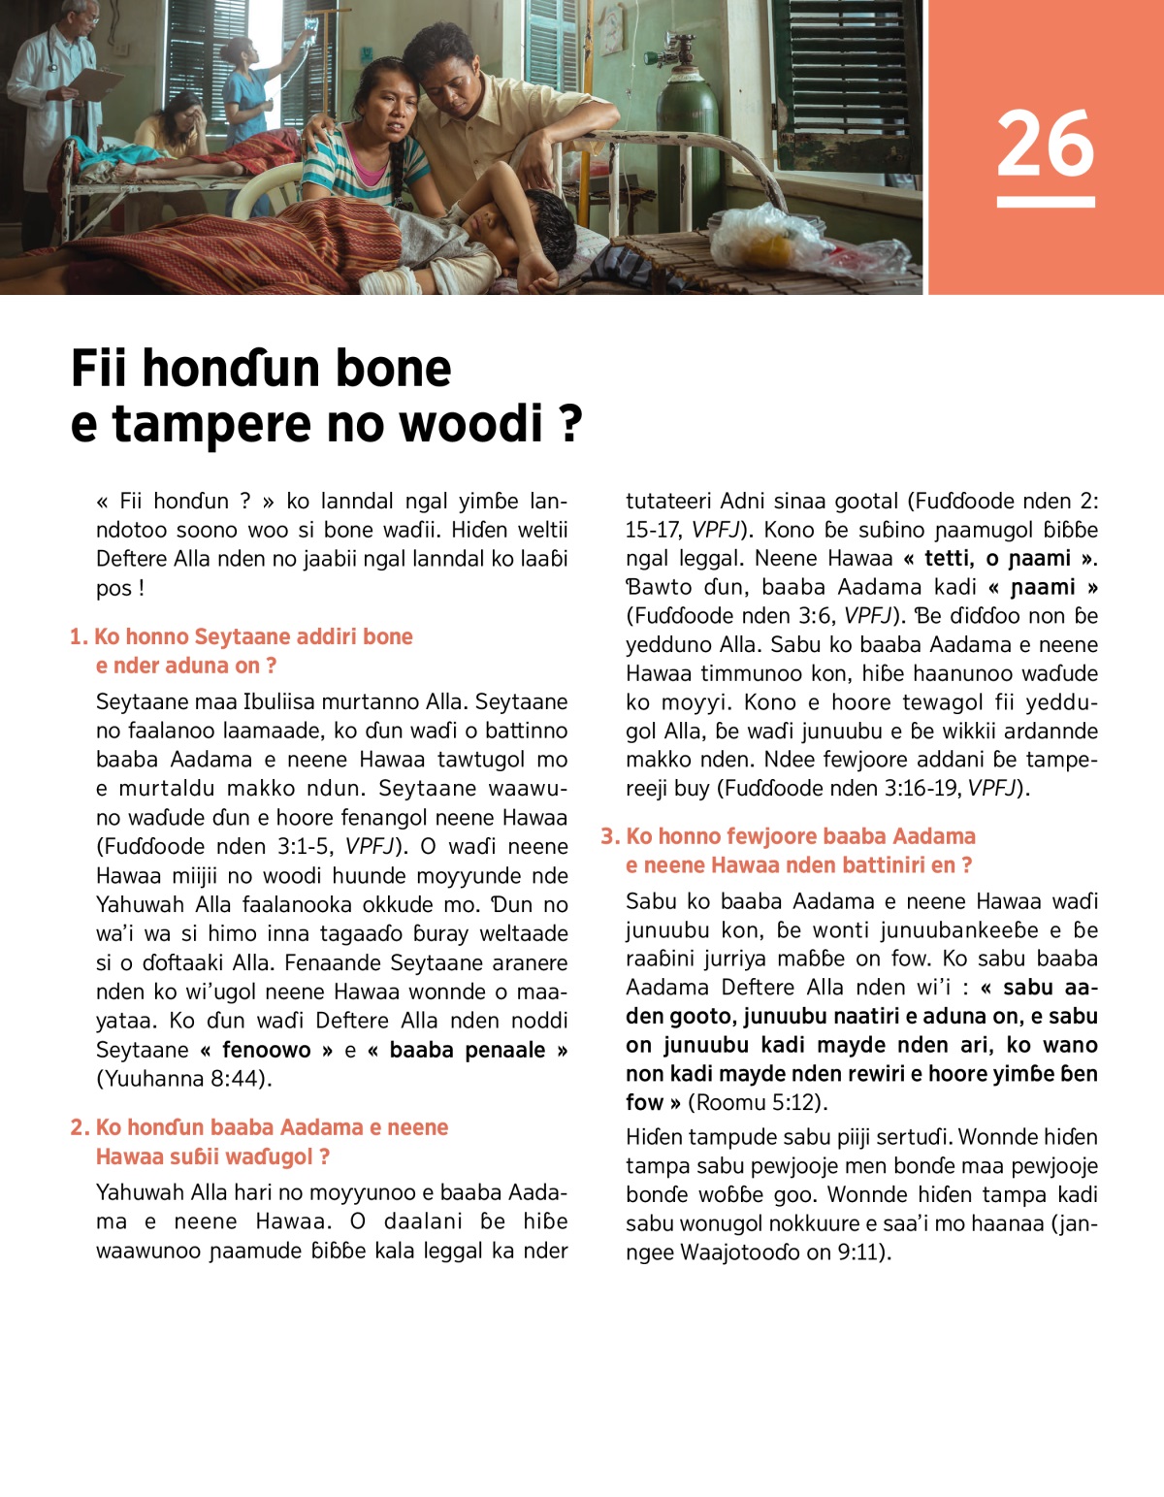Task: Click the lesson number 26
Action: (1045, 144)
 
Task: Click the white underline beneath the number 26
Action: (1045, 202)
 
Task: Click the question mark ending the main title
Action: (570, 424)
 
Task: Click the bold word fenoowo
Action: (266, 1050)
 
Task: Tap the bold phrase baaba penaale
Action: (467, 1050)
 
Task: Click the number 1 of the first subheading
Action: (78, 637)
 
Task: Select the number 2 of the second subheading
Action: (79, 1127)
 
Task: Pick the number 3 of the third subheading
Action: (608, 836)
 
